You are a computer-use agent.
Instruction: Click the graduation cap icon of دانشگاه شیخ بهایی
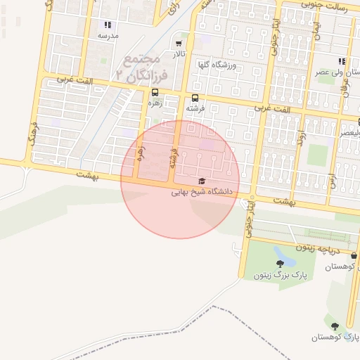tap(202, 181)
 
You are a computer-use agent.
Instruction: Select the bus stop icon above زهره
tap(155, 91)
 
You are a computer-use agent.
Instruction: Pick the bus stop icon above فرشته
tap(195, 98)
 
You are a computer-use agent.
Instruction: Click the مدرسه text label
tap(108, 34)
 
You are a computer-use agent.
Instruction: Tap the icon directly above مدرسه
tap(107, 24)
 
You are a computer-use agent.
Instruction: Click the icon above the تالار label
tap(179, 43)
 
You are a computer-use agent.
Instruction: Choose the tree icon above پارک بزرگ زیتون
tap(280, 264)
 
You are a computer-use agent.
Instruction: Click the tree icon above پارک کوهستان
tap(335, 326)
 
